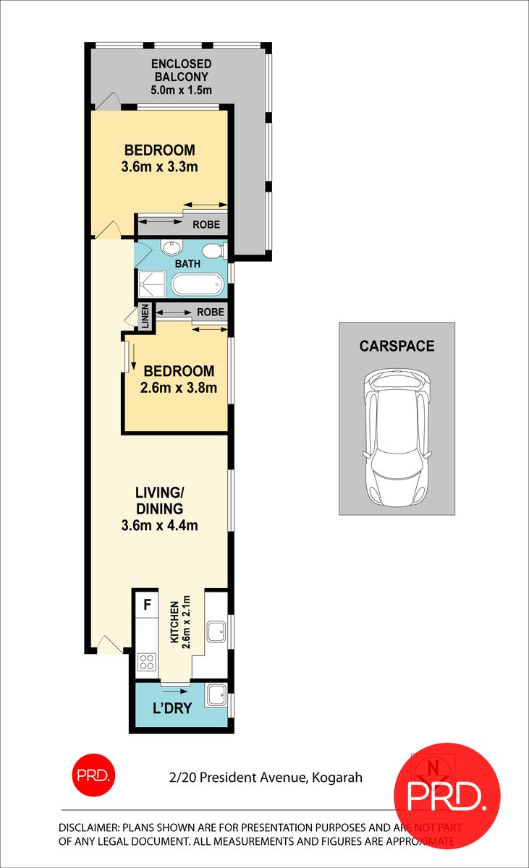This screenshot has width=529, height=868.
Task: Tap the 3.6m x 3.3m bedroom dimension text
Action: point(160,167)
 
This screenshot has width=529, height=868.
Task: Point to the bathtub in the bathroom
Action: point(198,285)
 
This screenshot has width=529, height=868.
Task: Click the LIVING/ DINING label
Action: point(159,500)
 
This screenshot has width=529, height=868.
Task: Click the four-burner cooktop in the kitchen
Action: point(147,661)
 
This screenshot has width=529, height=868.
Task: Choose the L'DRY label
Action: point(172,708)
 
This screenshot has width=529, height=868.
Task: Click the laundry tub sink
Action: point(216,696)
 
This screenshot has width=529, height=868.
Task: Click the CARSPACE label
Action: point(397,346)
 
